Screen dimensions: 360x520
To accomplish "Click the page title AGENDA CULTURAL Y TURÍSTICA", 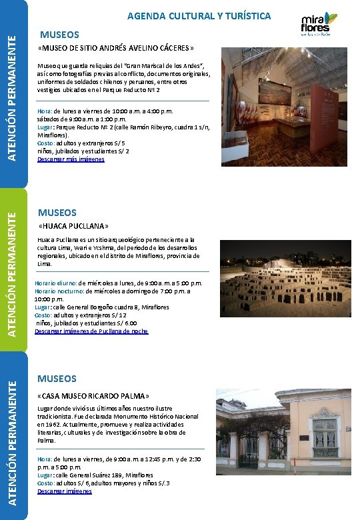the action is [x=199, y=15].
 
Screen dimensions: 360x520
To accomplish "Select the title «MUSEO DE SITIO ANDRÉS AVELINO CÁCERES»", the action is [x=117, y=48].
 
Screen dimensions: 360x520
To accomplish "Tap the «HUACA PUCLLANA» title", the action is [x=73, y=226].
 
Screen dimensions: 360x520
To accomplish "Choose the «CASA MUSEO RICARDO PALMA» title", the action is [x=93, y=395].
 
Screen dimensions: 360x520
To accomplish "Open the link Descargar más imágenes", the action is [x=71, y=159].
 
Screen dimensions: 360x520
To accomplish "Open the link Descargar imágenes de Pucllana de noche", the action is [x=91, y=331].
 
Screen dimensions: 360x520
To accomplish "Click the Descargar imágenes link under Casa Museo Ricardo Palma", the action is [x=64, y=491].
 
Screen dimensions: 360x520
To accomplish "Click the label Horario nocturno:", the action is [x=59, y=291].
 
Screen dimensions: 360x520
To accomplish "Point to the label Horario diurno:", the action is [x=55, y=283].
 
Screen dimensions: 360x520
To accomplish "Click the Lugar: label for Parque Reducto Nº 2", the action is [x=47, y=127].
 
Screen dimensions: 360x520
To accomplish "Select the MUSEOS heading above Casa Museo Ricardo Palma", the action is [x=57, y=379].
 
